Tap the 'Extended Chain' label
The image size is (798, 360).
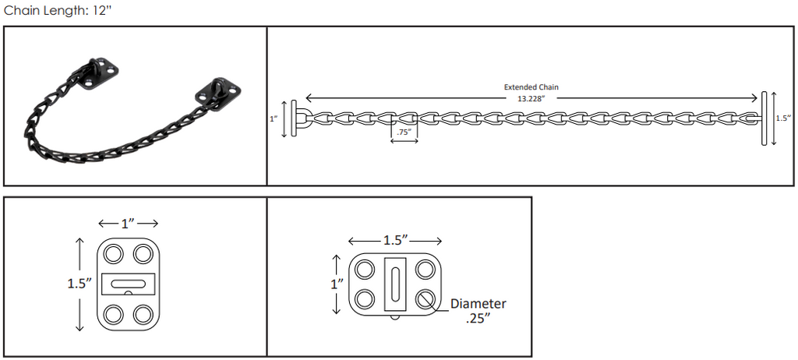[531, 87]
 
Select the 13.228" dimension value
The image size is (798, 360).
[531, 99]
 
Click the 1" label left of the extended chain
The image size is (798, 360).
[274, 118]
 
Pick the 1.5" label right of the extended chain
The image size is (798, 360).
[784, 118]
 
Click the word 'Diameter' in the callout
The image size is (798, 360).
[478, 304]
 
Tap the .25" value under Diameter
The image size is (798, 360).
[478, 319]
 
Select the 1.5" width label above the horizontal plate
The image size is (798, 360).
[394, 240]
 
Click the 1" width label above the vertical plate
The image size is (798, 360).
[128, 223]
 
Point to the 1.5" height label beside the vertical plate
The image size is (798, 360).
[80, 284]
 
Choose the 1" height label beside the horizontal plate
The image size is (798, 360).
[337, 284]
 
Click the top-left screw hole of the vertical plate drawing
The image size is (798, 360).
[114, 253]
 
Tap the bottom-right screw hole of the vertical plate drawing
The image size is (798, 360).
[143, 314]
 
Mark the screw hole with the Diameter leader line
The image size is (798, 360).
[425, 299]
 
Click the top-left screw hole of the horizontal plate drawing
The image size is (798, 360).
[365, 269]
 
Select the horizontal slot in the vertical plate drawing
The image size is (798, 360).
[129, 284]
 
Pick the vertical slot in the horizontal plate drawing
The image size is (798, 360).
[395, 284]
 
